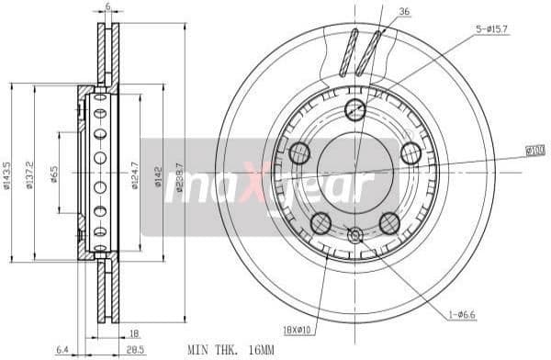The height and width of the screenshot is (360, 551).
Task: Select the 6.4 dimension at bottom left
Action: [62, 350]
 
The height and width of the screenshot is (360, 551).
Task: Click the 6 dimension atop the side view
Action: [107, 6]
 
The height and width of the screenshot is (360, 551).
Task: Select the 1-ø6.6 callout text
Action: [464, 315]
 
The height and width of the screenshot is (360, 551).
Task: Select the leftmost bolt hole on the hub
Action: [299, 152]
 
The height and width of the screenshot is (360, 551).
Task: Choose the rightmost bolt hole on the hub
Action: [410, 152]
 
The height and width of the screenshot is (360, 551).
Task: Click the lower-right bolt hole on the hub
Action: [389, 220]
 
